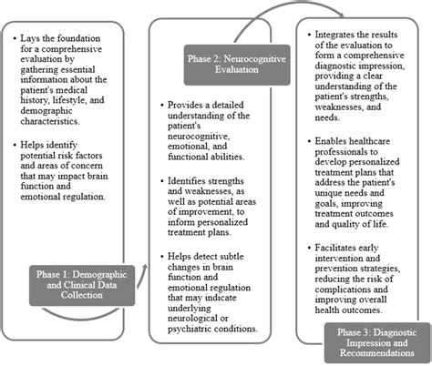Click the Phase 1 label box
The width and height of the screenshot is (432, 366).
pyautogui.click(x=82, y=285)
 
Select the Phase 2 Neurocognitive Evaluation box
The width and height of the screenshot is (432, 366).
pyautogui.click(x=237, y=65)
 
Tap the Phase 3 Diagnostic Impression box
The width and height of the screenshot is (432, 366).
pyautogui.click(x=377, y=343)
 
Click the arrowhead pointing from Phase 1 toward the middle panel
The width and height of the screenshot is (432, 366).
pyautogui.click(x=145, y=267)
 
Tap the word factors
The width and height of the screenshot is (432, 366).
pyautogui.click(x=87, y=156)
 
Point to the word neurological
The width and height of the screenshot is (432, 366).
pyautogui.click(x=193, y=319)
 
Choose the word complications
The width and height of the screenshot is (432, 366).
pyautogui.click(x=343, y=290)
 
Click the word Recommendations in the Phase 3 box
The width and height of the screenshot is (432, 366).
pyautogui.click(x=377, y=353)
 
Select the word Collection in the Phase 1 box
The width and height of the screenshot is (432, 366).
pyautogui.click(x=82, y=295)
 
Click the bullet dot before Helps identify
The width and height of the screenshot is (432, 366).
pyautogui.click(x=15, y=145)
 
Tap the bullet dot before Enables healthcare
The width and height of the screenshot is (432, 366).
pyautogui.click(x=310, y=141)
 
